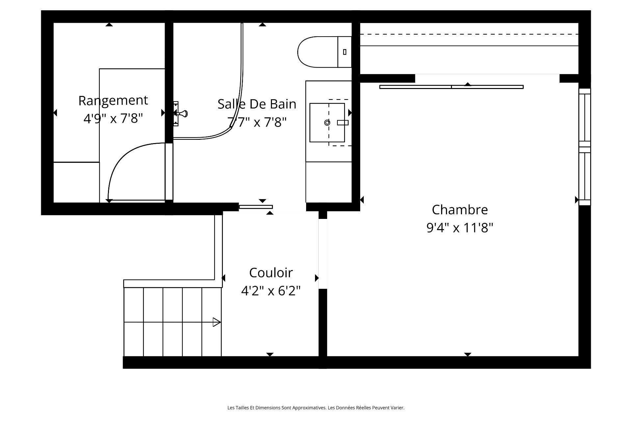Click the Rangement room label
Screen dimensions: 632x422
pos(113,101)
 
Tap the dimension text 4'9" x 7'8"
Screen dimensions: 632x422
pos(113,118)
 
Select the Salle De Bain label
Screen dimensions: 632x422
pos(257,104)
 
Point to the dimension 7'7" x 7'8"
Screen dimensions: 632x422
pos(257,122)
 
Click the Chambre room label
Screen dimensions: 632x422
pos(460,210)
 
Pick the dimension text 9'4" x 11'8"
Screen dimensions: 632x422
pos(460,227)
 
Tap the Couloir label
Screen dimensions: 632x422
pos(271,273)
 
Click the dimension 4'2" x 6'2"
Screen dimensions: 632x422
pos(271,291)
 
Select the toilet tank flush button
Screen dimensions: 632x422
pos(345,52)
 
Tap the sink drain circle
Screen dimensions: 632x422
pos(327,123)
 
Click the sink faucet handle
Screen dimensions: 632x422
pos(343,123)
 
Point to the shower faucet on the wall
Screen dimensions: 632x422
pos(180,114)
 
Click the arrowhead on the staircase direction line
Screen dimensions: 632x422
pos(217,322)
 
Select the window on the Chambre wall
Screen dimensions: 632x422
pos(585,147)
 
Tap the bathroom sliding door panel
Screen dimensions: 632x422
pos(256,207)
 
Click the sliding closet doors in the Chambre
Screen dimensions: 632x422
pos(451,87)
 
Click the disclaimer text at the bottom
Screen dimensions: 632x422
pos(316,408)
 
